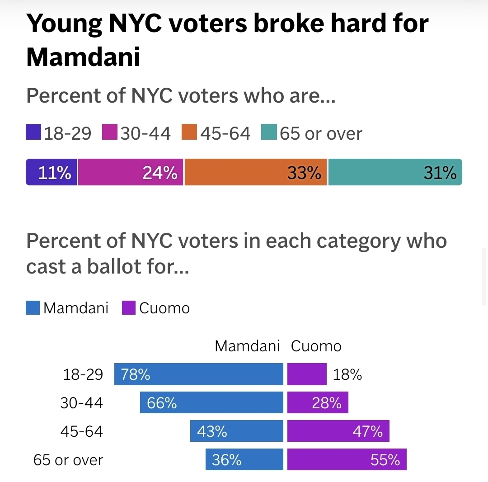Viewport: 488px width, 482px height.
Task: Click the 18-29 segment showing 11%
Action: click(52, 172)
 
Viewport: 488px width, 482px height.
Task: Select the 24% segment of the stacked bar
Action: click(131, 172)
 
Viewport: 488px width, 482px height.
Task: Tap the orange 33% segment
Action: click(256, 172)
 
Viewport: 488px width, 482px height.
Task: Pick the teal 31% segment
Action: click(395, 172)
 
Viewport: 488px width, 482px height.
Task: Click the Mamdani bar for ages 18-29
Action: click(199, 374)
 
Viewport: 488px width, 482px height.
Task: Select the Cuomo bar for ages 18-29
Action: click(307, 374)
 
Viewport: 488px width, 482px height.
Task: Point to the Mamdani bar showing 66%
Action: click(211, 402)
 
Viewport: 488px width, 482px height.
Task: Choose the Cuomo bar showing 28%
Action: click(318, 402)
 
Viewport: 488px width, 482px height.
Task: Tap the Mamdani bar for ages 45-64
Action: click(237, 431)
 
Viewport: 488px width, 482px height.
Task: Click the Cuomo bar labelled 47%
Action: click(338, 431)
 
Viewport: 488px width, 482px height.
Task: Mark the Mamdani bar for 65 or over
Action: click(244, 459)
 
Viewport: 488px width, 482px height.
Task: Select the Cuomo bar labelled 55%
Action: click(347, 459)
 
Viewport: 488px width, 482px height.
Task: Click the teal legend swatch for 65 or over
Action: click(269, 133)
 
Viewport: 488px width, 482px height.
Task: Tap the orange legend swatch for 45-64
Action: click(189, 133)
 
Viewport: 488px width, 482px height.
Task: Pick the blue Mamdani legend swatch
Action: click(33, 308)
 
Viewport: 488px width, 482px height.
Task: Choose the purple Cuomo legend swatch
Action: click(129, 308)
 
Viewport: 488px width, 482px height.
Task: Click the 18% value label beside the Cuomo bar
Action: click(347, 374)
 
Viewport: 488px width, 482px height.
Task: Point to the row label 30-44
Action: click(82, 403)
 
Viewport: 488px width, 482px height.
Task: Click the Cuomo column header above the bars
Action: click(316, 346)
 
